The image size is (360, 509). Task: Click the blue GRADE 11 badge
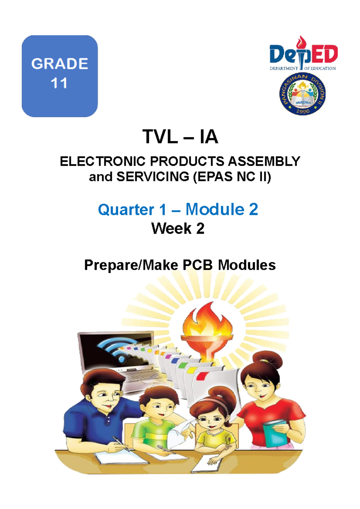pyautogui.click(x=60, y=76)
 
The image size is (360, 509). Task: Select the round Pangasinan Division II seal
pyautogui.click(x=302, y=94)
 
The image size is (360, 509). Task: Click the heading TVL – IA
pyautogui.click(x=180, y=137)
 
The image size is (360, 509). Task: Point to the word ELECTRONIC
pyautogui.click(x=103, y=162)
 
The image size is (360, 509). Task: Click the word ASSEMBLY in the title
pyautogui.click(x=264, y=162)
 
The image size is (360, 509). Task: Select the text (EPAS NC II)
pyautogui.click(x=232, y=177)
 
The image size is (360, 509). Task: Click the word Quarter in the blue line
pyautogui.click(x=126, y=210)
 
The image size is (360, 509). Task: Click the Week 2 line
pyautogui.click(x=178, y=228)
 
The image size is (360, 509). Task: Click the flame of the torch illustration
pyautogui.click(x=208, y=320)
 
